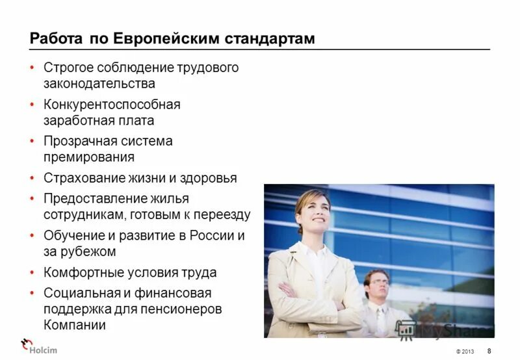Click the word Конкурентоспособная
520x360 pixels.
click(112, 105)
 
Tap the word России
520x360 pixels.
click(210, 236)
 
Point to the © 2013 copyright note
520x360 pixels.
click(465, 352)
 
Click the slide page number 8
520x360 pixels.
click(489, 351)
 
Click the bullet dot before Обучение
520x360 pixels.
click(32, 236)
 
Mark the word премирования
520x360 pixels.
click(89, 157)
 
